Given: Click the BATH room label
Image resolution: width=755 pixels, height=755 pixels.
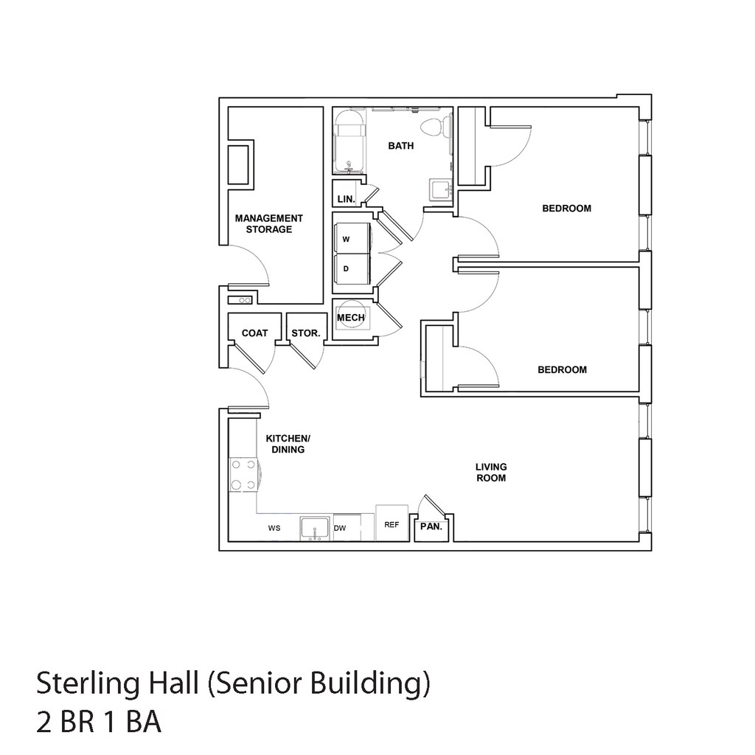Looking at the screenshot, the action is point(400,145).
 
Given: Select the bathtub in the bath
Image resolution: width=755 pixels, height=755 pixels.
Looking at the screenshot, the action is point(349,142).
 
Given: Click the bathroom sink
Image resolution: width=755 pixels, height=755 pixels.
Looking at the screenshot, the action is point(441,189).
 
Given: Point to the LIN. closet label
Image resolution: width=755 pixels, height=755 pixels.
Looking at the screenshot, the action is point(347,199).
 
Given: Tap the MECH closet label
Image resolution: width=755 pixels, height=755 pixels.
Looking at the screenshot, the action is point(350,318).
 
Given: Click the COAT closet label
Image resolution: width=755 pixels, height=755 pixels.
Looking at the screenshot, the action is point(254,333).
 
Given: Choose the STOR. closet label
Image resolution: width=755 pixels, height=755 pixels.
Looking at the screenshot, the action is point(306,333).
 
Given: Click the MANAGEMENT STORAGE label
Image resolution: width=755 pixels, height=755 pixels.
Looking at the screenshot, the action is point(268,224).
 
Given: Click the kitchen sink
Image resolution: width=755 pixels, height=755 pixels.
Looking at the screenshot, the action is point(315,529).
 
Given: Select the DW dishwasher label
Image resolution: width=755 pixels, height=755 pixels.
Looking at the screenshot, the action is point(340,528).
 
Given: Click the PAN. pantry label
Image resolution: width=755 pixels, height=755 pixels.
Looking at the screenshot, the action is point(431,526).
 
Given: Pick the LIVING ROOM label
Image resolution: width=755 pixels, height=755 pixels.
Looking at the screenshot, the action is point(491,473).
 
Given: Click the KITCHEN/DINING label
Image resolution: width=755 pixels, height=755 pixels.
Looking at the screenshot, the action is point(288,444).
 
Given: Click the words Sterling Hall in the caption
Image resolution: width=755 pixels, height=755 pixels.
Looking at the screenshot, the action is point(117,683).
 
